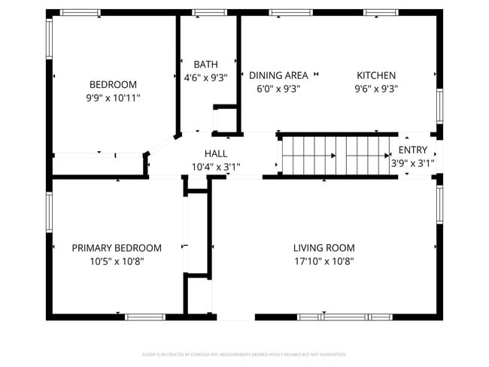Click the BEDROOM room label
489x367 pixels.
coord(113,84)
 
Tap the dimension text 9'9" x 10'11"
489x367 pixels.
coord(113,98)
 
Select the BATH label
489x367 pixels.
coord(205,65)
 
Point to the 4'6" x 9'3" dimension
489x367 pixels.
coord(205,77)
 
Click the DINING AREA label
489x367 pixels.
coord(278,75)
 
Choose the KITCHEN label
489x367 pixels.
coord(375,75)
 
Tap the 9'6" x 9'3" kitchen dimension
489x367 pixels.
coord(375,88)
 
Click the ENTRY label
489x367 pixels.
coord(412,150)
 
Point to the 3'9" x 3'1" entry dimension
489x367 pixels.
coord(412,162)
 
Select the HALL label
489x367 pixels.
coord(216,153)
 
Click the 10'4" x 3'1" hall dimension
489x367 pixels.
coord(216,166)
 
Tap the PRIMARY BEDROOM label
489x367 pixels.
coord(117,247)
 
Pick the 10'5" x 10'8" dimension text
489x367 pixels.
coord(117,261)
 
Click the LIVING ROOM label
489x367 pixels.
coord(323,247)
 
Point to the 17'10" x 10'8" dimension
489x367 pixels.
coord(323,261)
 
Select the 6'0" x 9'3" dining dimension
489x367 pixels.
coord(278,88)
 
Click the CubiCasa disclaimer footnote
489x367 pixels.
coord(244,353)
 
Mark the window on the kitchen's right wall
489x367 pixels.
coord(440,105)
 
